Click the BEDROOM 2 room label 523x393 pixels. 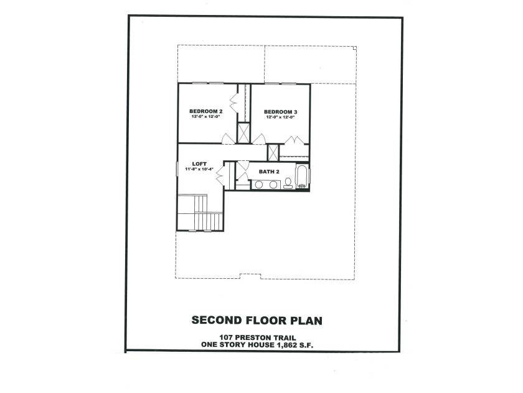click(x=206, y=111)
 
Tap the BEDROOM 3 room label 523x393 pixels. click(x=281, y=112)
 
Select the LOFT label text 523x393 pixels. click(x=199, y=163)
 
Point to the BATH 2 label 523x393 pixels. click(x=269, y=172)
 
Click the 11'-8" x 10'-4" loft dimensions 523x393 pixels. click(x=199, y=169)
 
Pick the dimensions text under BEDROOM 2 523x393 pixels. click(x=206, y=117)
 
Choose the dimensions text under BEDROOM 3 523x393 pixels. click(x=281, y=117)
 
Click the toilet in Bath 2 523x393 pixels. click(x=288, y=183)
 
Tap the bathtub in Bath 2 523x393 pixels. click(x=301, y=177)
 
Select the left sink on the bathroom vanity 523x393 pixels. click(x=259, y=185)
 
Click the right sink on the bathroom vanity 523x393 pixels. click(x=273, y=185)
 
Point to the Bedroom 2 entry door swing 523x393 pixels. click(x=229, y=139)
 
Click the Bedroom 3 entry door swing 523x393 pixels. click(x=259, y=139)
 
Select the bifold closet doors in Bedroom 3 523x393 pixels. click(x=294, y=140)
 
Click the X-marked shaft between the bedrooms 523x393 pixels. click(x=243, y=133)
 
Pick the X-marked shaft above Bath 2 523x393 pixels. click(x=273, y=152)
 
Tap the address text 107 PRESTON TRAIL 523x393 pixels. click(x=257, y=338)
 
